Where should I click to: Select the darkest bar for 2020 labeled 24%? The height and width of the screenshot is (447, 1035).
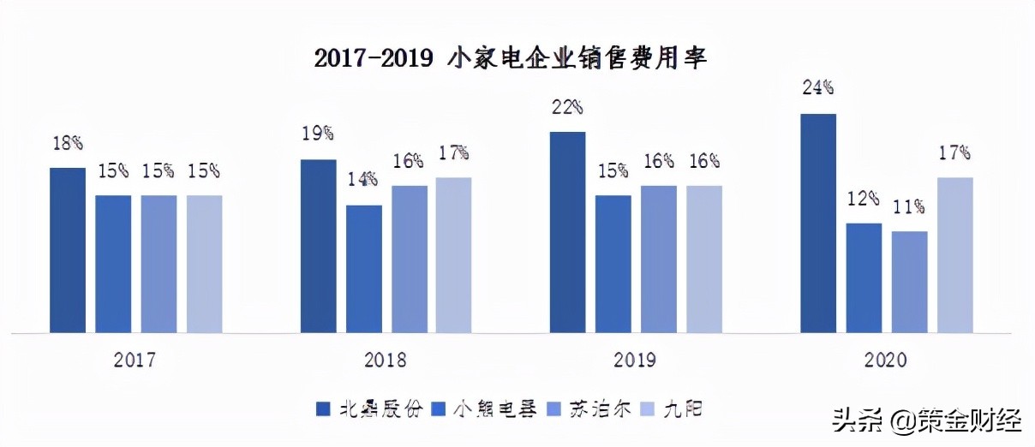pos(818,223)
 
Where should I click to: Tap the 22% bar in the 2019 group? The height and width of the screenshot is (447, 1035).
pos(568,232)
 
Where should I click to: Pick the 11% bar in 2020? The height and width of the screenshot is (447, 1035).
pos(910,282)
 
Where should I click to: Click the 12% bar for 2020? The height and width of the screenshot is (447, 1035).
pos(864,277)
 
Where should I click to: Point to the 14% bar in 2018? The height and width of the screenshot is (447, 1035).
pos(364,268)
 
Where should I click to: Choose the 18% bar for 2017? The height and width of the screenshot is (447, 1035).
pos(68,250)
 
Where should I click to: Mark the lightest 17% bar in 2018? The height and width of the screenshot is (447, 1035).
pos(454,254)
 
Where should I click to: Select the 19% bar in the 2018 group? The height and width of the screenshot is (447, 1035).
pos(319,246)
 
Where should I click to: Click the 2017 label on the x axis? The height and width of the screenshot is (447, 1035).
pos(135,360)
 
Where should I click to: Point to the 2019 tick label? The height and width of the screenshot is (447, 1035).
pos(635,360)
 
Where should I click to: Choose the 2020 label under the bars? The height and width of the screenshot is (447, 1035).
pos(885,360)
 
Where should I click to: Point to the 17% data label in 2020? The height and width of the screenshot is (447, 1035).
pos(954,153)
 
